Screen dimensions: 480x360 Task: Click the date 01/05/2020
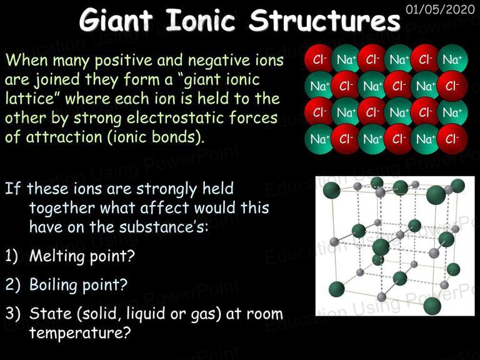(440, 9)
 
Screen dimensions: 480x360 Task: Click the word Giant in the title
(116, 21)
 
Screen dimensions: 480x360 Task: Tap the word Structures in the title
(324, 20)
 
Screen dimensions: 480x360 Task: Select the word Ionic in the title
(201, 21)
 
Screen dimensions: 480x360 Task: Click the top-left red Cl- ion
(318, 59)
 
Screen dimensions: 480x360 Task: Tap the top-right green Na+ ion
(452, 59)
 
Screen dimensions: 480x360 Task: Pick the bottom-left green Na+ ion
(319, 139)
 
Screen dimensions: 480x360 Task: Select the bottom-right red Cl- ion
(452, 139)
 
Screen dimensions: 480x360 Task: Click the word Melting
(55, 256)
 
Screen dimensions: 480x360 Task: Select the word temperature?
(80, 332)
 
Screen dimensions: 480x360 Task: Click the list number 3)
(13, 313)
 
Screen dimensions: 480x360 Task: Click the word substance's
(163, 227)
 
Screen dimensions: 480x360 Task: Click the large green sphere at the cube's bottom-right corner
(432, 306)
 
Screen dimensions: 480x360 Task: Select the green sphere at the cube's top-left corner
(331, 190)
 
